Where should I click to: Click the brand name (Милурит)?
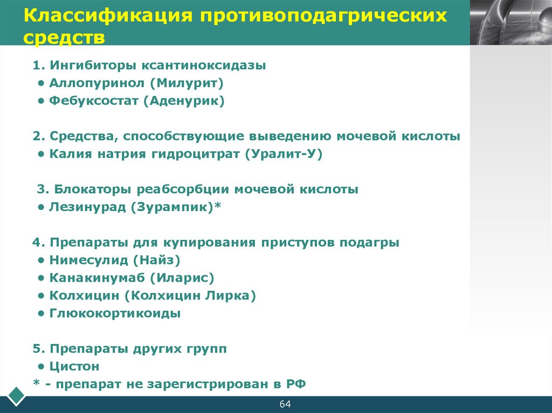pyautogui.click(x=187, y=83)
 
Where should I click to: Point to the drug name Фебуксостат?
pyautogui.click(x=94, y=101)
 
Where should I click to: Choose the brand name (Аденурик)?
pyautogui.click(x=184, y=101)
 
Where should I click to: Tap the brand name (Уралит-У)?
pyautogui.click(x=283, y=154)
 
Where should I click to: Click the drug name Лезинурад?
pyautogui.click(x=87, y=207)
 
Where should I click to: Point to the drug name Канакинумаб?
pyautogui.click(x=98, y=278)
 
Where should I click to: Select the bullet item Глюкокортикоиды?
pyautogui.click(x=115, y=313)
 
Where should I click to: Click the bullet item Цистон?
pyautogui.click(x=74, y=366)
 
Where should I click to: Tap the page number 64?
pyautogui.click(x=285, y=404)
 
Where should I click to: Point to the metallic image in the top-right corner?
pyautogui.click(x=510, y=22)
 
